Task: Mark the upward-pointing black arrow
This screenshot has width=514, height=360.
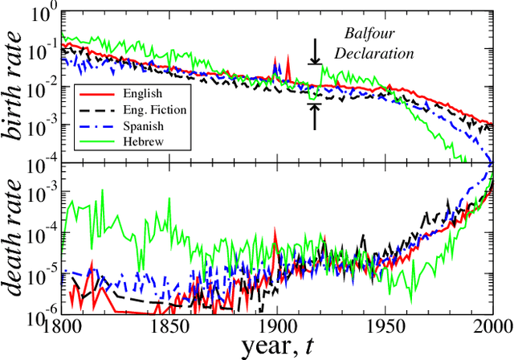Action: coord(316,117)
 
